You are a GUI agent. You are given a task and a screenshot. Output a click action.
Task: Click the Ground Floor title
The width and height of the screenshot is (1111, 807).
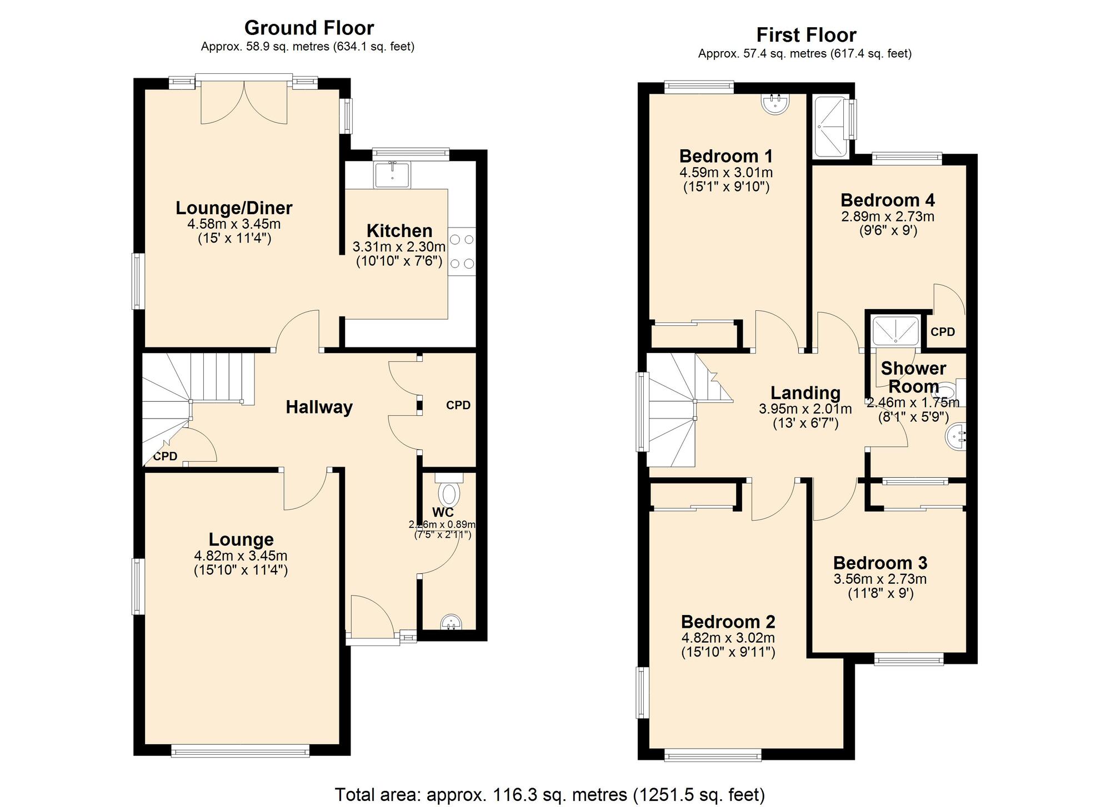[x=309, y=28]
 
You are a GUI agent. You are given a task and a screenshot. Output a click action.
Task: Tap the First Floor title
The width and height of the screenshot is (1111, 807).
[x=805, y=35]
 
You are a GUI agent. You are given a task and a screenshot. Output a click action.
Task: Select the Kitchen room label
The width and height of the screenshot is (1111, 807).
[x=399, y=231]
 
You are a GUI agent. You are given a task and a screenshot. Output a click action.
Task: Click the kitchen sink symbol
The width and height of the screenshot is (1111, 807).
[x=392, y=174]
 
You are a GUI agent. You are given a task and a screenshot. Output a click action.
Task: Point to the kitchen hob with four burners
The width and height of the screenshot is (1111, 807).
[x=462, y=251]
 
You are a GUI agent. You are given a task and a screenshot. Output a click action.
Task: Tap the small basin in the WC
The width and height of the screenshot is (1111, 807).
[x=451, y=622]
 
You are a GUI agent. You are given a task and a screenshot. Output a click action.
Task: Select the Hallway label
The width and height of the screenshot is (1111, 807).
[x=319, y=407]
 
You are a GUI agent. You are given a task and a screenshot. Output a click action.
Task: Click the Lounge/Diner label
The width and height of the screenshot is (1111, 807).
[x=234, y=208]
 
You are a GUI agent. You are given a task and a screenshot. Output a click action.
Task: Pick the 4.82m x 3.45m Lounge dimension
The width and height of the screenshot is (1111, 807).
[x=241, y=556]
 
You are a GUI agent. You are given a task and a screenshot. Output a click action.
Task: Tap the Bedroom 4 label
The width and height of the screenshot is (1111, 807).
[x=887, y=200]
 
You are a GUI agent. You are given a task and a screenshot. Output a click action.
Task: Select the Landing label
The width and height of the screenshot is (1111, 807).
[x=805, y=393]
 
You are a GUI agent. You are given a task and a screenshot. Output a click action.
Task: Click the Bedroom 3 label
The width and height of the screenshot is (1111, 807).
[x=880, y=563]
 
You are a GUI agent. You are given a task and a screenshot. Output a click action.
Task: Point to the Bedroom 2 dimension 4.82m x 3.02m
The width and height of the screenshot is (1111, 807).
[x=728, y=638]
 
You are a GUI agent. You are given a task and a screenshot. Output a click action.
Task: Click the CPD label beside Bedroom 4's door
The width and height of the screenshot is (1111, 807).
[x=943, y=332]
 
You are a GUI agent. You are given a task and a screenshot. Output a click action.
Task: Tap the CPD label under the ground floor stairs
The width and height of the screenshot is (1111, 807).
[x=165, y=456]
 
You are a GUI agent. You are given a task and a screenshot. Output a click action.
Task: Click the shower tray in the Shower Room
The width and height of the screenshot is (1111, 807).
[x=895, y=331]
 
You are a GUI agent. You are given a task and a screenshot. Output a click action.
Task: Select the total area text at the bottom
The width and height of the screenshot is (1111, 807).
[x=550, y=795]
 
